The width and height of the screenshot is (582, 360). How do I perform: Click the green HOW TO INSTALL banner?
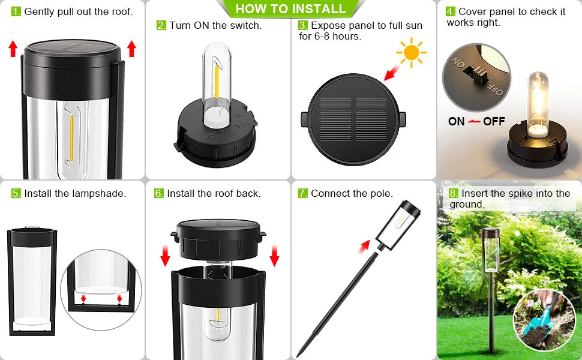point(291,8)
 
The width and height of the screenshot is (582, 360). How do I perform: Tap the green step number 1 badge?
point(16,11)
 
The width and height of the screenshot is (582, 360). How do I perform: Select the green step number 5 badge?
point(16,193)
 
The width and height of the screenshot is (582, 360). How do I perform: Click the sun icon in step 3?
point(411,52)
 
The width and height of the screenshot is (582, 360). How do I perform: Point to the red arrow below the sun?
point(392,73)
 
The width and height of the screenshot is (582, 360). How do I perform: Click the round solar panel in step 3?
point(353,119)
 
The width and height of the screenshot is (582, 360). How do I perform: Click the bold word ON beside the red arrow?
point(456,121)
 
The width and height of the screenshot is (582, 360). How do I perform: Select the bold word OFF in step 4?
point(494,121)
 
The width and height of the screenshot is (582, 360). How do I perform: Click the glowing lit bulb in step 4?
point(537,104)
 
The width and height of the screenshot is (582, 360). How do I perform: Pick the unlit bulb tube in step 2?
point(217,85)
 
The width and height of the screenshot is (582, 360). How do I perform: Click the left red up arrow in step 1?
point(13,49)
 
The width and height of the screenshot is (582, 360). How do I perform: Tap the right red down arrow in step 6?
point(274,256)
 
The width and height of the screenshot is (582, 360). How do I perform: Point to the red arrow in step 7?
point(364,246)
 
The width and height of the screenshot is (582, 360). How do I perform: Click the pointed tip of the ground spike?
point(298,356)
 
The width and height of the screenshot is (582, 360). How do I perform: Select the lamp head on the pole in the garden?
point(490,250)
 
